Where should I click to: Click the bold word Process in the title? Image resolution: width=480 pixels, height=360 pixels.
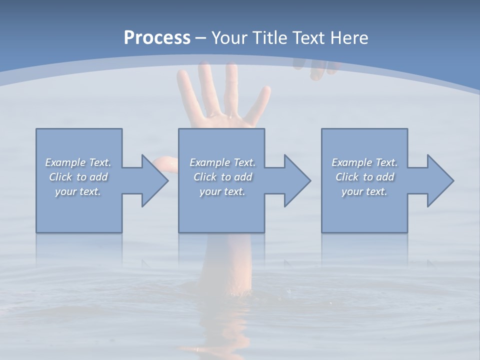click(x=157, y=38)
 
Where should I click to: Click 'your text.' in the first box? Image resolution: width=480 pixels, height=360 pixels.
click(x=78, y=191)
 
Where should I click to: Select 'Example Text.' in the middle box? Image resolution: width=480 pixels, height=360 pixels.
click(x=222, y=162)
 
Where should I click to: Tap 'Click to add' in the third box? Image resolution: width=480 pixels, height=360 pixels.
click(x=364, y=177)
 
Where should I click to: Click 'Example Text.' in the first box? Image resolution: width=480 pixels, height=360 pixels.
click(x=78, y=162)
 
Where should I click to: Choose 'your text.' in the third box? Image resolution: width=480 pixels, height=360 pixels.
click(x=364, y=191)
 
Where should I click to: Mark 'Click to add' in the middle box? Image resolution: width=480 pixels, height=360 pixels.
click(x=222, y=177)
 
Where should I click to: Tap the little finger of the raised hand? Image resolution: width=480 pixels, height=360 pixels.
click(x=260, y=102)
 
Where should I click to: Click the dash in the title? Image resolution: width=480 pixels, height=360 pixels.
click(x=200, y=38)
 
